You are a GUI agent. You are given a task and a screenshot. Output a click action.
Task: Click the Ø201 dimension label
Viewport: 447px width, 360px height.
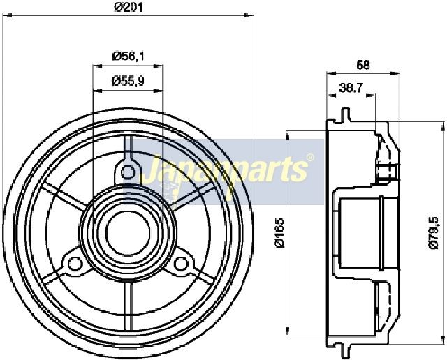click(128, 7)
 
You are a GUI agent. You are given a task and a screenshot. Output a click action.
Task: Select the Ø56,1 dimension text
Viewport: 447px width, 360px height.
click(128, 56)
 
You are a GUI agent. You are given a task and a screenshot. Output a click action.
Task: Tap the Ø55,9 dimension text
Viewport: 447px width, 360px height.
click(128, 81)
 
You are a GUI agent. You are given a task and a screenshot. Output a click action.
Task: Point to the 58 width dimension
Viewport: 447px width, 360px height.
click(363, 65)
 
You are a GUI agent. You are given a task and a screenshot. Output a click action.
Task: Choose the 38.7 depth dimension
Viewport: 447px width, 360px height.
click(351, 88)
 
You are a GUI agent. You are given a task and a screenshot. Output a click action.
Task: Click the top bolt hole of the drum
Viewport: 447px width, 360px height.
click(128, 172)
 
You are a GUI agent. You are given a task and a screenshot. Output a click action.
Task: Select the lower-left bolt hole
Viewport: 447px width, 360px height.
click(75, 263)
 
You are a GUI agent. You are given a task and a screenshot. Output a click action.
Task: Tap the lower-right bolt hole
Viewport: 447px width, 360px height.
click(180, 263)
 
